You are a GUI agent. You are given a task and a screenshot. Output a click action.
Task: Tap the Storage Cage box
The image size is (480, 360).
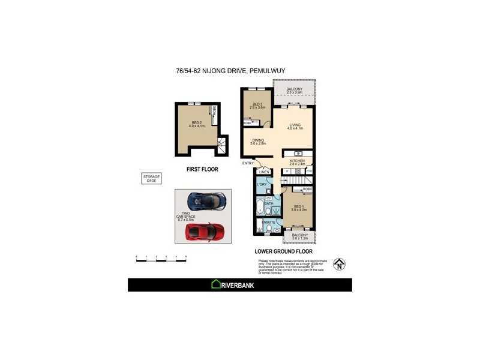(x=151, y=178)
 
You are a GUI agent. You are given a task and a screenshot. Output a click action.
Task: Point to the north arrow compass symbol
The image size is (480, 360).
(x=340, y=263)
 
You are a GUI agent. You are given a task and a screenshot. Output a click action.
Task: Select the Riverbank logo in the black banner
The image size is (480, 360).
(x=233, y=285)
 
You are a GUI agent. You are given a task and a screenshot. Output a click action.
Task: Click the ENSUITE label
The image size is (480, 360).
(x=269, y=223)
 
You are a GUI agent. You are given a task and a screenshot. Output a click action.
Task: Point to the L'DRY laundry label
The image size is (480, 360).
(x=262, y=184)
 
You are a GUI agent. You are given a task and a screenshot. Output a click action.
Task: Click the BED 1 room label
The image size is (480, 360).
(x=298, y=208)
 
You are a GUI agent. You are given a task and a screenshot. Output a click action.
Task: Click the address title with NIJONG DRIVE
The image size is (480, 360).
(x=230, y=70)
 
